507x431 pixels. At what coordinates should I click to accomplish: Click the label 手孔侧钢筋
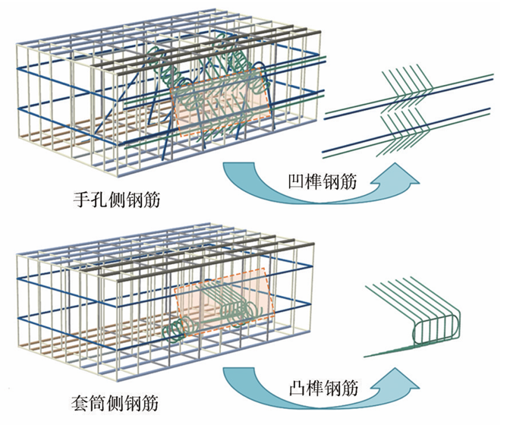117,200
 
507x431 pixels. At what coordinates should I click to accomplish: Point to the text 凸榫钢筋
323,388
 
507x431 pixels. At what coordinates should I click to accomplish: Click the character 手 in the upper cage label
81,200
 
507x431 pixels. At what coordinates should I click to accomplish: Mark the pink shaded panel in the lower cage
224,301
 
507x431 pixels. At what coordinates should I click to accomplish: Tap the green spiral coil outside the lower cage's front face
177,329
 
